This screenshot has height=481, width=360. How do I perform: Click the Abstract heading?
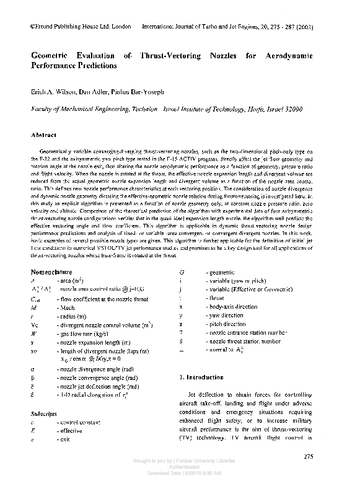click(44, 135)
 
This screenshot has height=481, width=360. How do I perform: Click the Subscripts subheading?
click(45, 412)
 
